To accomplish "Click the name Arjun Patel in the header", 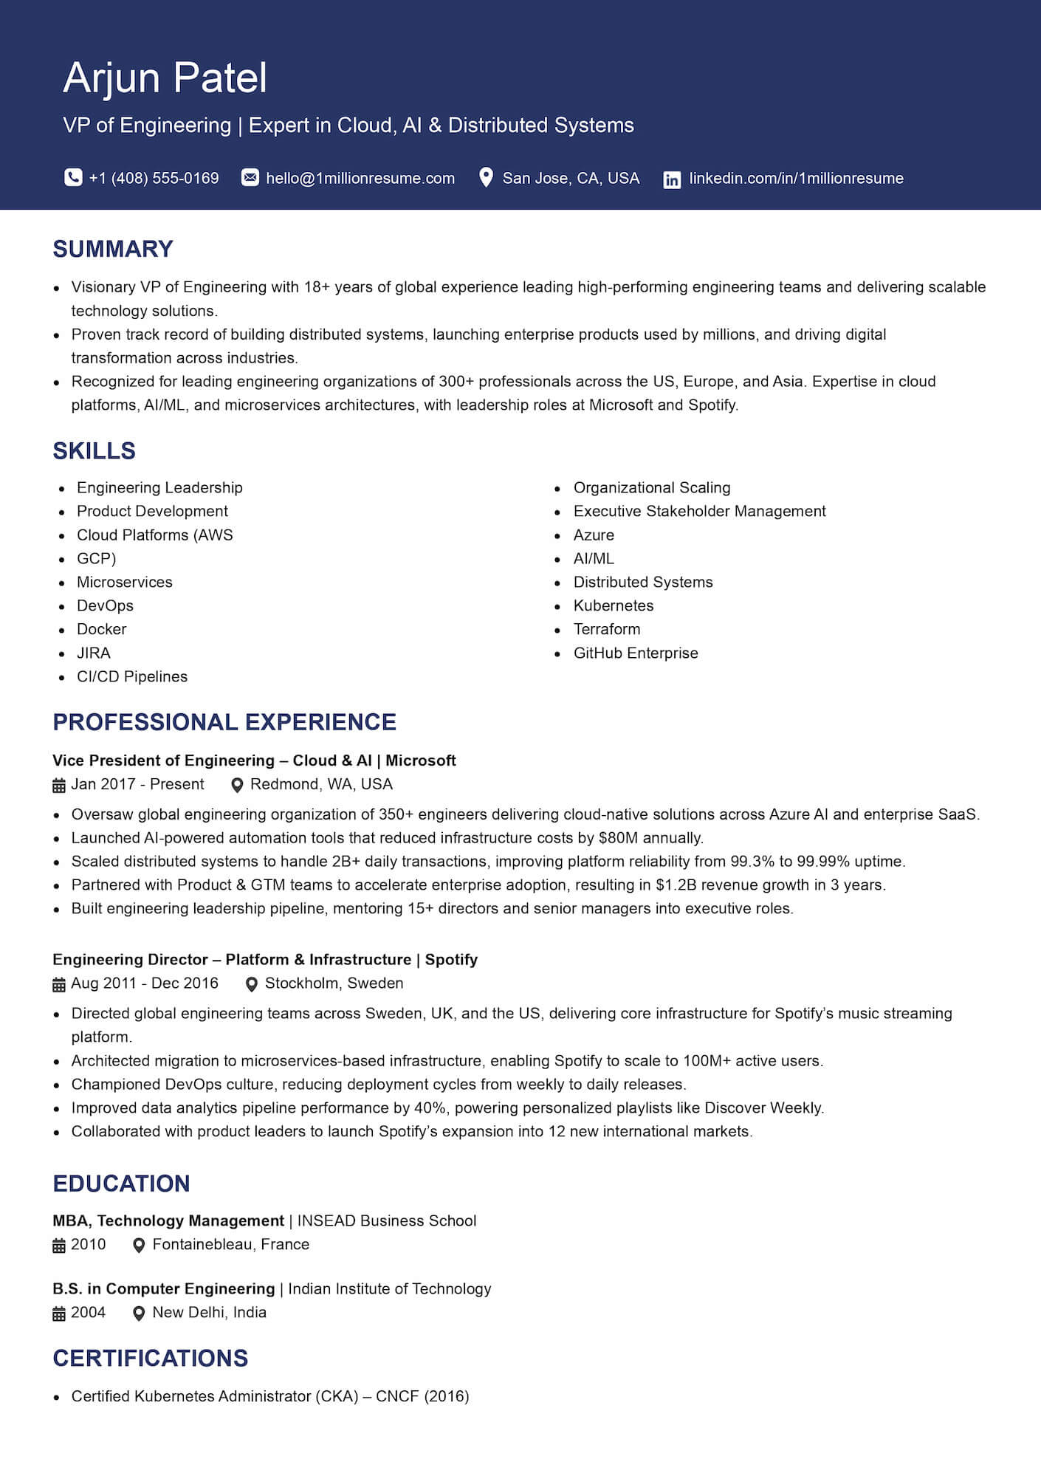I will tap(165, 78).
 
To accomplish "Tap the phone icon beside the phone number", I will tap(73, 178).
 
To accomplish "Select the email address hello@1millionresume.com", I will tap(360, 178).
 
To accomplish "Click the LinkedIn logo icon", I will tap(672, 179).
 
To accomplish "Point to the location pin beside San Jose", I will tap(486, 178).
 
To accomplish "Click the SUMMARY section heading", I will tap(113, 249).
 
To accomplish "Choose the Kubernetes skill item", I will tap(613, 605).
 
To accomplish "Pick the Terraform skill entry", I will tap(606, 629).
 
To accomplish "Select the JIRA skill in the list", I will tap(93, 653).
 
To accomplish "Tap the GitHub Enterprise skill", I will tap(635, 653).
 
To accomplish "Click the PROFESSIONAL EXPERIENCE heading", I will tap(224, 721).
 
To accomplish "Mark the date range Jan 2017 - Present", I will tap(137, 784).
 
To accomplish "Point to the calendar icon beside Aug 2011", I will tap(59, 984).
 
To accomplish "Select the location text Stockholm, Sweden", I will tap(334, 983).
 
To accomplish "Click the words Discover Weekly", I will tap(763, 1108).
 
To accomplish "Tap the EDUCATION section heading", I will tap(121, 1184).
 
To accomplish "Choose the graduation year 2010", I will tap(89, 1245).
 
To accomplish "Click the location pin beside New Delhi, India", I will tap(138, 1314).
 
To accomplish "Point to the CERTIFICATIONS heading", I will tap(151, 1358).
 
